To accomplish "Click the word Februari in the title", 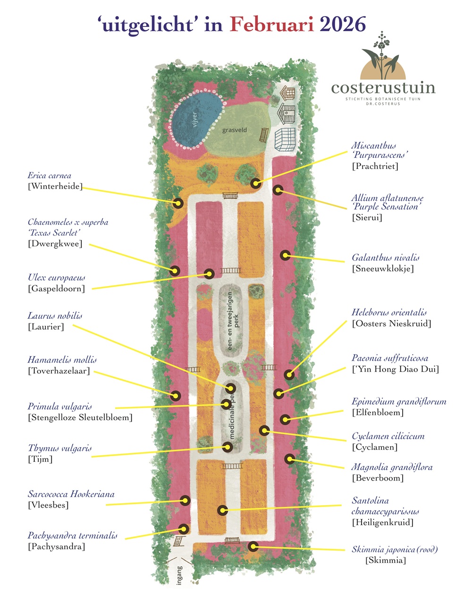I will (x=272, y=25).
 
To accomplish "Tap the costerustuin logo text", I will (x=383, y=88).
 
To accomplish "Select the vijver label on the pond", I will (x=194, y=119).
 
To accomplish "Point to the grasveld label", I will (x=235, y=130).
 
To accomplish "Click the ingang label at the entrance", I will (x=179, y=575).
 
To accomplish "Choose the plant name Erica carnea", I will (x=50, y=176).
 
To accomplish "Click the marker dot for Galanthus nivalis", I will (x=285, y=255).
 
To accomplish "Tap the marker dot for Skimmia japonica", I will (x=253, y=547).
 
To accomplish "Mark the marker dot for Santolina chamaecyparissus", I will (x=222, y=510).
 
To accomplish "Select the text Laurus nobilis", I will (x=55, y=315).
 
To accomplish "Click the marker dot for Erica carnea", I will (x=177, y=203).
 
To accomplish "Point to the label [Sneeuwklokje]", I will (x=383, y=269).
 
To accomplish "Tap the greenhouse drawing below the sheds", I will (x=285, y=139).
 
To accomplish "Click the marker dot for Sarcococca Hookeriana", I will (x=185, y=500).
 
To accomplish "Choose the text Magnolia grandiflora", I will (x=392, y=467).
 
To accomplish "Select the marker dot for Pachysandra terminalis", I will (x=184, y=529).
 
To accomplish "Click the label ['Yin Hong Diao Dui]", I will (x=396, y=369).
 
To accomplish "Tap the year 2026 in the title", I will (x=343, y=25).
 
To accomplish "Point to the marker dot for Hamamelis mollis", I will (x=176, y=396).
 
